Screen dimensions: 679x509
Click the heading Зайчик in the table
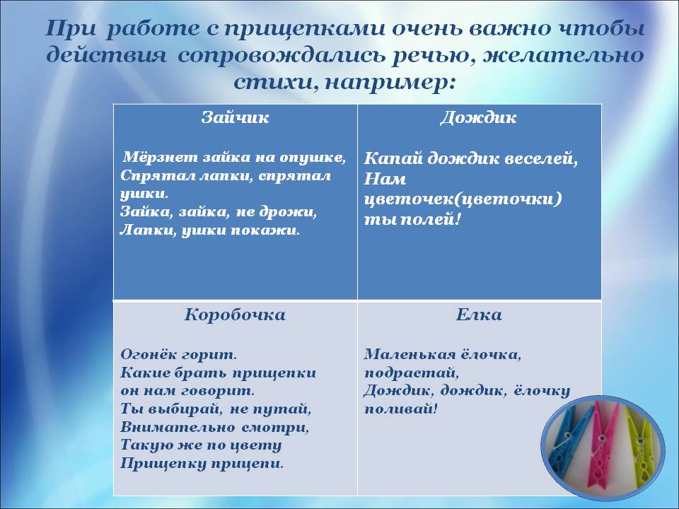235,118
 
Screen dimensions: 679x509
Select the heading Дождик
479,118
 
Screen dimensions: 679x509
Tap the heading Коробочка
235,315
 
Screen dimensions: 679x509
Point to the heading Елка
479,315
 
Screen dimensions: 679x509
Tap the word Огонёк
147,354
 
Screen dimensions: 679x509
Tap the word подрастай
410,373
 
